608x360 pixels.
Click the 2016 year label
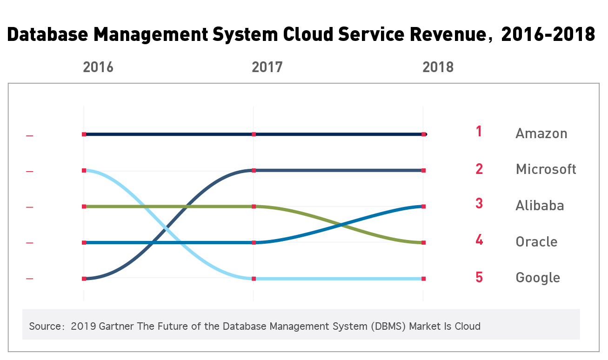98,67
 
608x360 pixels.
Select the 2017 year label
267,67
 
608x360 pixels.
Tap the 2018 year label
438,67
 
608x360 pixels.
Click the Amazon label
541,133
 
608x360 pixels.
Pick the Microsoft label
546,169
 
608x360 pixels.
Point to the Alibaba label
540,206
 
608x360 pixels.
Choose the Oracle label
536,242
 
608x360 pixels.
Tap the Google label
537,278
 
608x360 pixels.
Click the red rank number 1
479,132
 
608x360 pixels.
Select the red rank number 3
479,204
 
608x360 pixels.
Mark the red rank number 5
479,277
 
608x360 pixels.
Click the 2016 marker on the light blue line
84,171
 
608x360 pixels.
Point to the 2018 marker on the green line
423,243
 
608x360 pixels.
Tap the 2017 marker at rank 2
254,171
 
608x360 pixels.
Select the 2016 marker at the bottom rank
84,279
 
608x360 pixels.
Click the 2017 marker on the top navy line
254,134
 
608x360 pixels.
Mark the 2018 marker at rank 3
423,207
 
